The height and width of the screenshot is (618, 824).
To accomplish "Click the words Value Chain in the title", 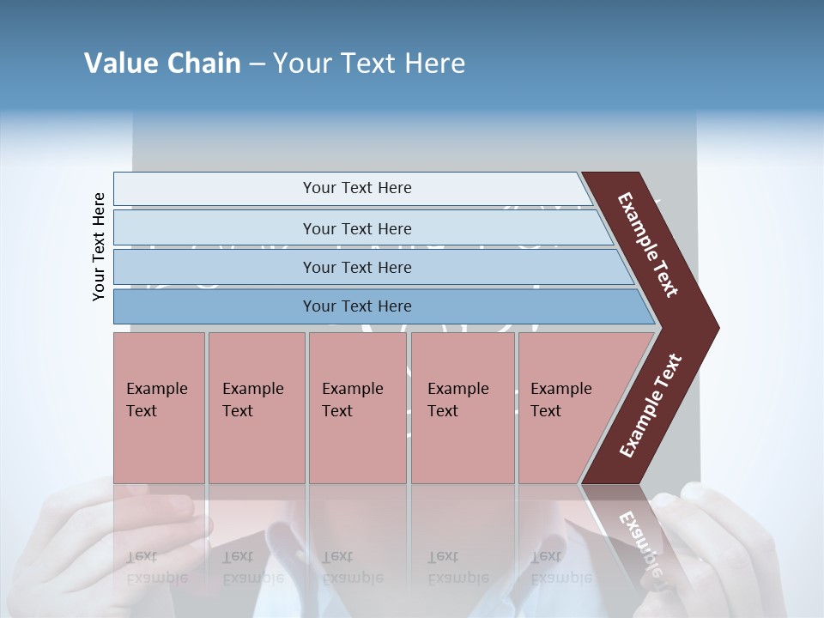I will (162, 64).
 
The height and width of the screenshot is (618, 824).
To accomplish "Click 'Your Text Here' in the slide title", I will (369, 64).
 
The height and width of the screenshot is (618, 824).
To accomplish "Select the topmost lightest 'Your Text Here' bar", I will (356, 188).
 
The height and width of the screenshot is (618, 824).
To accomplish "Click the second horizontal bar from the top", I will (356, 228).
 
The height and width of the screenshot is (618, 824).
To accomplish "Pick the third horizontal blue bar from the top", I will (356, 267).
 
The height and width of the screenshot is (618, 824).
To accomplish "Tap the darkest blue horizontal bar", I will (356, 306).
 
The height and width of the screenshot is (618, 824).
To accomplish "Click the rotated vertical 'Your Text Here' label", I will (99, 247).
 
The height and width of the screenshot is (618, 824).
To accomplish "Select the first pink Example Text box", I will (159, 408).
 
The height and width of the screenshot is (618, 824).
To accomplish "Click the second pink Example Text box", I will (256, 408).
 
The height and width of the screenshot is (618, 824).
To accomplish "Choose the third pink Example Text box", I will (356, 408).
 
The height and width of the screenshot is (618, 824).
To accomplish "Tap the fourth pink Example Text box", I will (462, 408).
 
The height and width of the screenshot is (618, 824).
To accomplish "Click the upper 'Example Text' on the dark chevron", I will (648, 245).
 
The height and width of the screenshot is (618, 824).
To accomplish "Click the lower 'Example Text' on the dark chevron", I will (650, 406).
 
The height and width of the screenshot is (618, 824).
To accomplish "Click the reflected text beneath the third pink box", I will (352, 567).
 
